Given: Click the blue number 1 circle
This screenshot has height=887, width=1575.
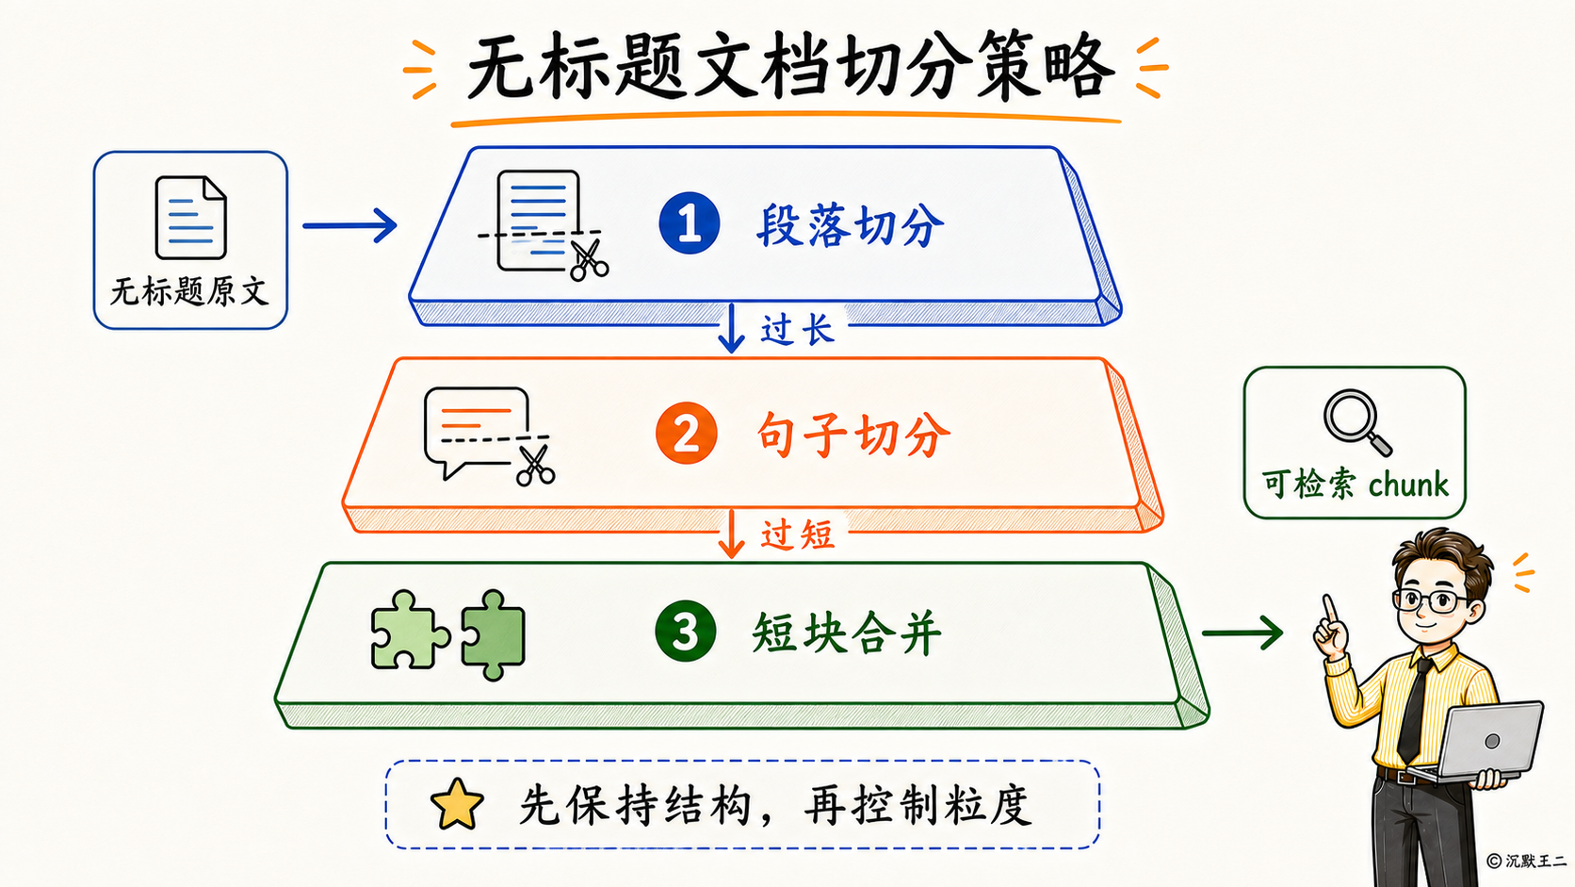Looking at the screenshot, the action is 690,223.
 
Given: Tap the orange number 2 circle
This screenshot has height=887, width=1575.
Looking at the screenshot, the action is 687,433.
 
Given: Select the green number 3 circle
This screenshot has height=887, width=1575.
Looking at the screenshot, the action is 686,631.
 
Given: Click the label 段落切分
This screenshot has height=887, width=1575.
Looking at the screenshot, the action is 850,225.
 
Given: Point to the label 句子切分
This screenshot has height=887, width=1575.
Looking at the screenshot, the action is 853,435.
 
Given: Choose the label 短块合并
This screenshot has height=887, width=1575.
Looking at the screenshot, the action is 847,633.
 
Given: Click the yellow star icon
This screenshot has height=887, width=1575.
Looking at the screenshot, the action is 457,804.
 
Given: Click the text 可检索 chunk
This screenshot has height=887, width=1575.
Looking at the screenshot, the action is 1355,484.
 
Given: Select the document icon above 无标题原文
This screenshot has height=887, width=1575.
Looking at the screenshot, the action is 190,218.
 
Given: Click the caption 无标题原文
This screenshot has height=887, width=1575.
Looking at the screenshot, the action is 190,291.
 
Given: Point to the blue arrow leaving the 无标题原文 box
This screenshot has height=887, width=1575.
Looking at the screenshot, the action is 350,226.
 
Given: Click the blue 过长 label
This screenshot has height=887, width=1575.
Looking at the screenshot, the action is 797,329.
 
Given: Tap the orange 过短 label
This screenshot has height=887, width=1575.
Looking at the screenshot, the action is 797,534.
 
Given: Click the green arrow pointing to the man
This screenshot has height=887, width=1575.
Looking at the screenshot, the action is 1242,633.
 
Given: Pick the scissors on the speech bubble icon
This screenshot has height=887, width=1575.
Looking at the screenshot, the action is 536,465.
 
